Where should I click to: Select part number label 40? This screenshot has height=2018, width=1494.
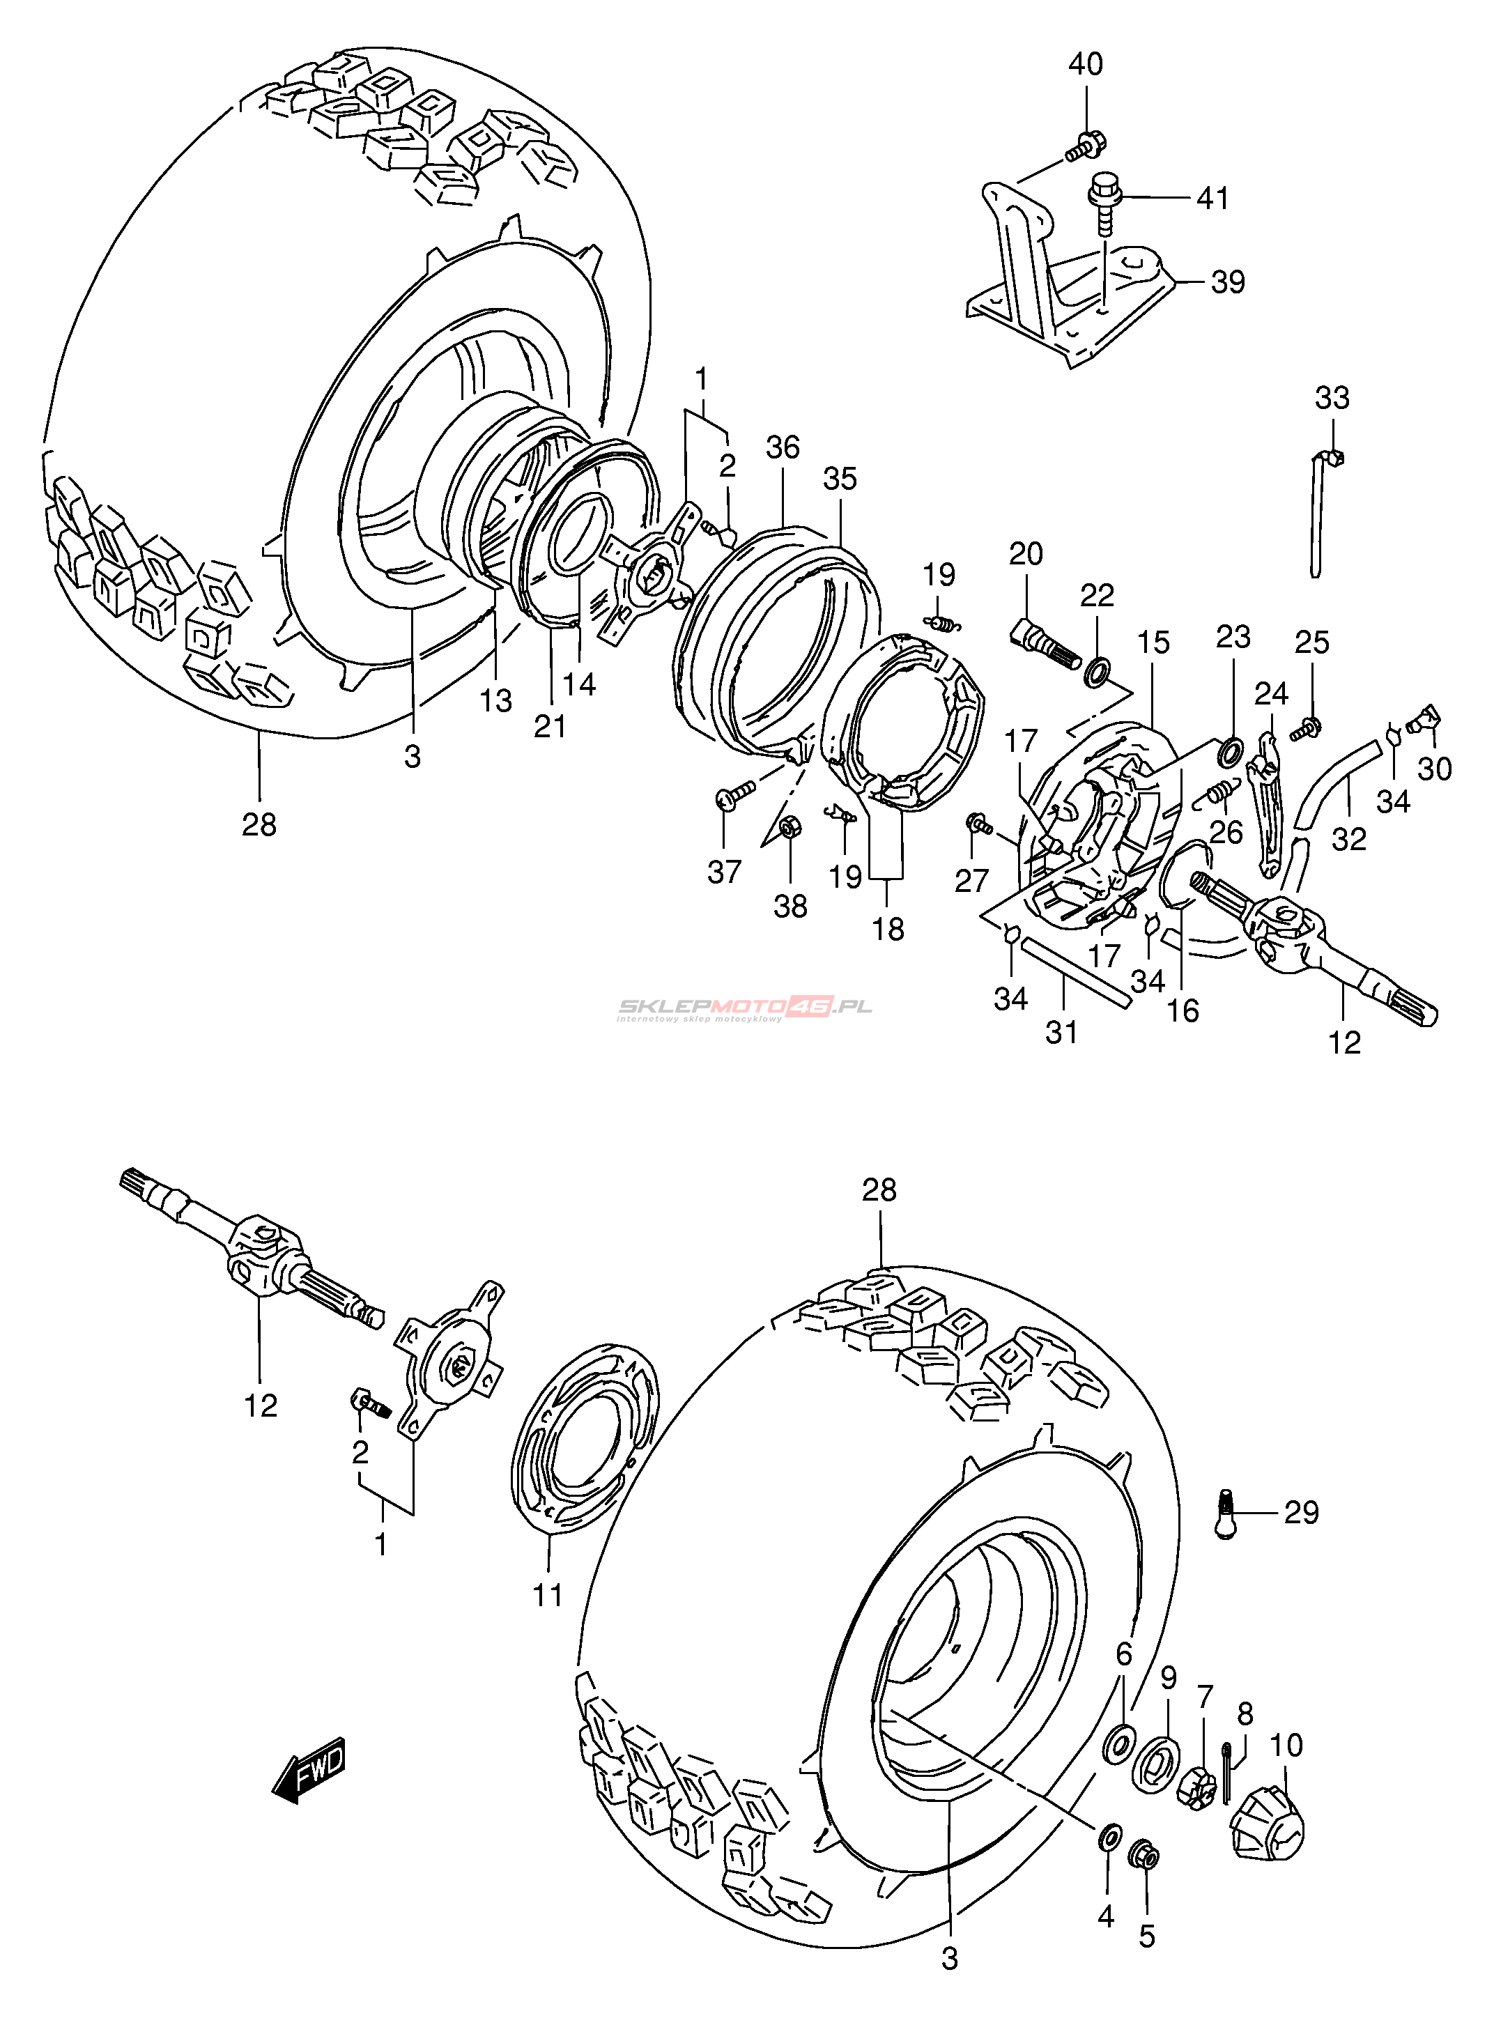click(x=1086, y=64)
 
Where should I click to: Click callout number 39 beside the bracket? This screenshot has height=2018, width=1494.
click(x=1228, y=282)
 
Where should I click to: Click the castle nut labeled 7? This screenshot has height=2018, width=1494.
click(x=1196, y=1784)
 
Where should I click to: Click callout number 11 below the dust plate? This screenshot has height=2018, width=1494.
click(x=548, y=1595)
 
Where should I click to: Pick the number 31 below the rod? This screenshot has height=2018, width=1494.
click(x=1062, y=1031)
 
